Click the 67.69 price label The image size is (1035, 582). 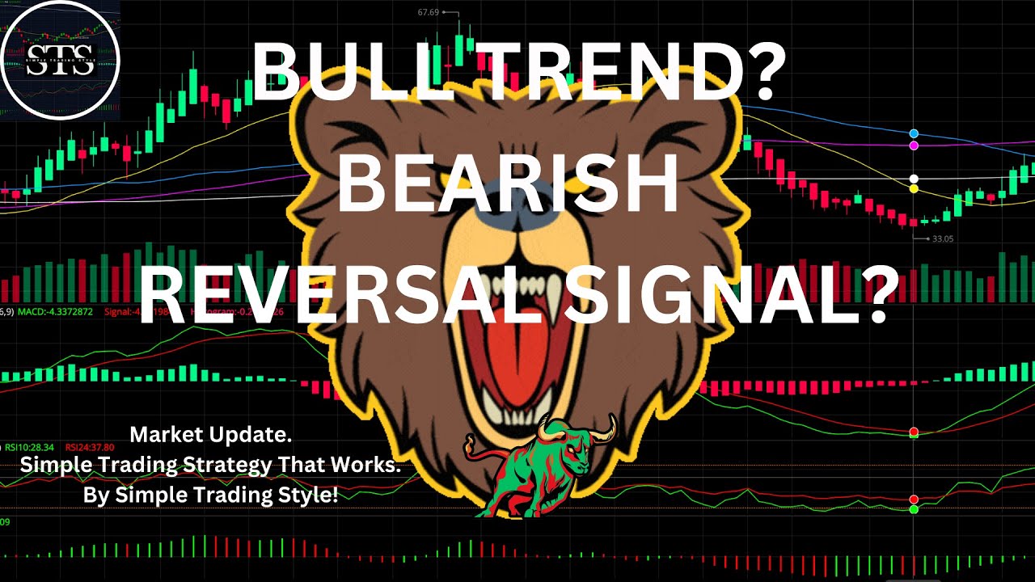click(x=433, y=12)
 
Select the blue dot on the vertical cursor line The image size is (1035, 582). click(x=914, y=133)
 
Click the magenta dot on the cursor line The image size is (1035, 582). click(x=914, y=145)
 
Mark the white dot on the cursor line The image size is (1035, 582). click(x=914, y=179)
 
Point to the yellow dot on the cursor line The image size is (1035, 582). click(x=914, y=189)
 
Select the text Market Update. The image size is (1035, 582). click(x=210, y=435)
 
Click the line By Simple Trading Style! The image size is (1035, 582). click(x=210, y=495)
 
